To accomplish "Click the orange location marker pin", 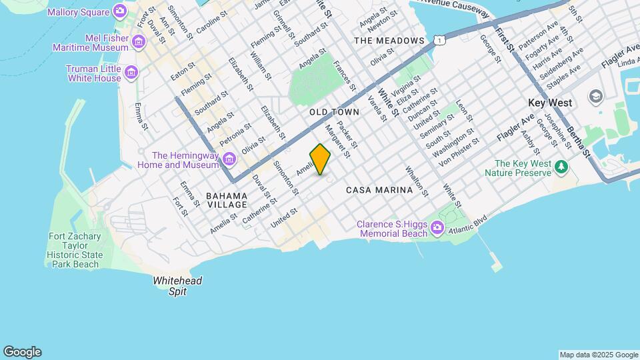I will [320, 159].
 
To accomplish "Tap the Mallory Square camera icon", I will [120, 10].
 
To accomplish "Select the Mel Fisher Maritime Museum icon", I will [139, 43].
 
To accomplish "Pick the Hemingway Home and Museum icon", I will [229, 159].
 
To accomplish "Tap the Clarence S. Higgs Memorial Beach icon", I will [437, 229].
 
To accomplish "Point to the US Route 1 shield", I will [439, 41].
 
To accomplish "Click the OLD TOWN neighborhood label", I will [334, 113].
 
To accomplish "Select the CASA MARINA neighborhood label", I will [379, 190].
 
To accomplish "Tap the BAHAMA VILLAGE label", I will [227, 200].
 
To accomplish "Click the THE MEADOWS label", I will [389, 41].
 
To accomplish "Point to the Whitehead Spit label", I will [177, 286].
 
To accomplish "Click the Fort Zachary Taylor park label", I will [75, 251].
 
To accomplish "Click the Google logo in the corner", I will [22, 352].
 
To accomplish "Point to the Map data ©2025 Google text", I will [598, 355].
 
